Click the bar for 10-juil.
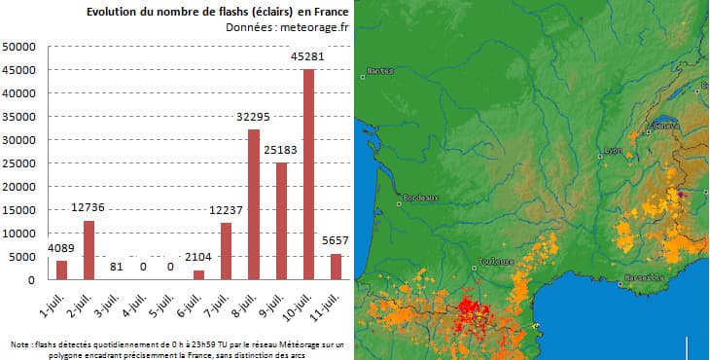(x=309, y=174)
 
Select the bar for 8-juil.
(x=254, y=204)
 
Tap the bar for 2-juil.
(x=89, y=250)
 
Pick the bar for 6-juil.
(x=198, y=274)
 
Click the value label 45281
(x=309, y=56)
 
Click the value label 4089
(x=60, y=248)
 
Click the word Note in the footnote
(x=20, y=343)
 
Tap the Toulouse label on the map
(x=495, y=262)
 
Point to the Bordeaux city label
(x=420, y=198)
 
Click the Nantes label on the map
(x=380, y=70)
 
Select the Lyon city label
(x=612, y=150)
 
